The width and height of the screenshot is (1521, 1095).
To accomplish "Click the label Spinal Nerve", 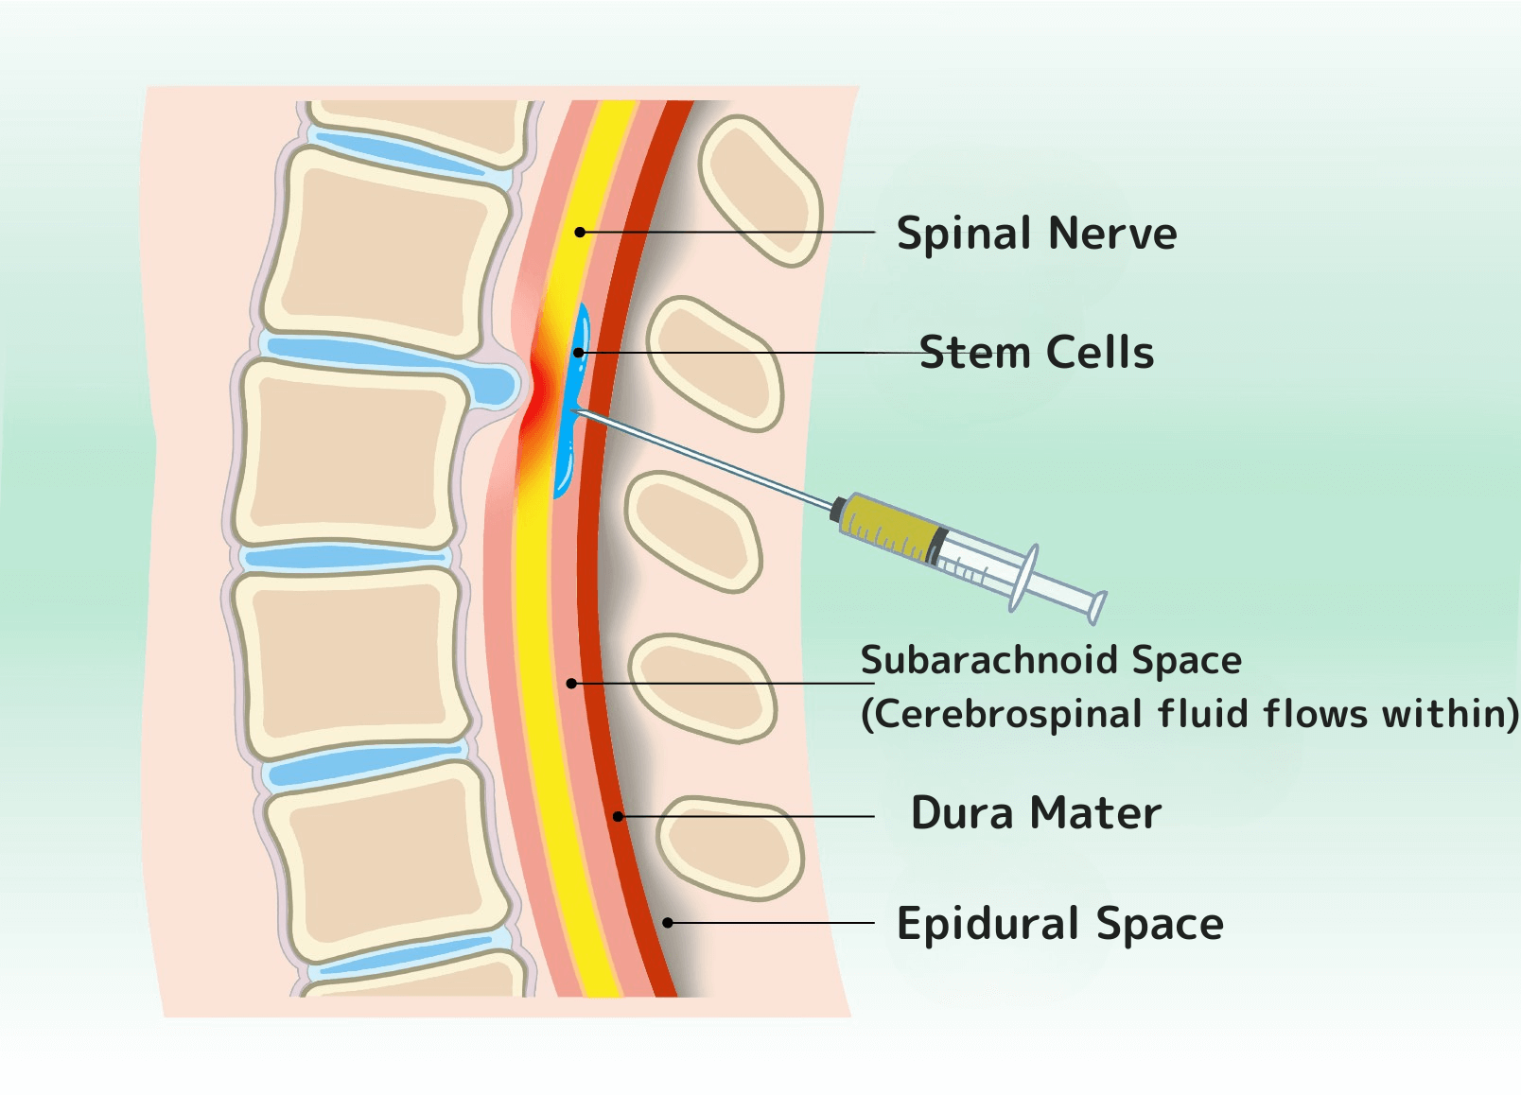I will tap(1036, 234).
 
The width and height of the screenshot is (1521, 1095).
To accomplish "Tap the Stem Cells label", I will tap(1036, 353).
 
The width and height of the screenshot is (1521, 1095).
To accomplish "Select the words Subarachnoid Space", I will tap(1050, 660).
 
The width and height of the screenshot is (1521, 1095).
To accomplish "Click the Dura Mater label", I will tap(1035, 813).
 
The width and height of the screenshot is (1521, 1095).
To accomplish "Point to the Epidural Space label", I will tap(1059, 924).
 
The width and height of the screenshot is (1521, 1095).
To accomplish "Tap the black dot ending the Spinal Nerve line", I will tap(580, 232).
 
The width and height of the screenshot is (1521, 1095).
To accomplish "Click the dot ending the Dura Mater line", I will tap(618, 816).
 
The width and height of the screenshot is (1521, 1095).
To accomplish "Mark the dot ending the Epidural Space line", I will tap(668, 922).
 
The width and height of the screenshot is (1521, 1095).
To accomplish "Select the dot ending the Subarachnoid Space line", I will tap(571, 683).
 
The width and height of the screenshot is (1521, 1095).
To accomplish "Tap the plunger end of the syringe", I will tap(1097, 606).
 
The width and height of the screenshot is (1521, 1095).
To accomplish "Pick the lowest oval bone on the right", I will tap(729, 846).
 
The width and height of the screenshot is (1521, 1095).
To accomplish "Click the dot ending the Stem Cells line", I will tap(579, 353).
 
